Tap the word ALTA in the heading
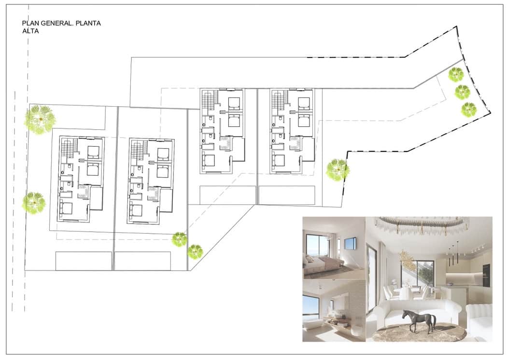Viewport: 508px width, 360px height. click(30, 31)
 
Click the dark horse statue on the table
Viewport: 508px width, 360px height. click(419, 320)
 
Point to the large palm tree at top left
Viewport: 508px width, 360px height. click(40, 119)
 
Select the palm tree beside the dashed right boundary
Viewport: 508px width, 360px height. click(337, 170)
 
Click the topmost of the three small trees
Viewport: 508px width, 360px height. click(455, 74)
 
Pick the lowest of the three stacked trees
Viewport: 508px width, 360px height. click(468, 110)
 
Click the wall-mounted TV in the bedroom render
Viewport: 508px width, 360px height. click(351, 244)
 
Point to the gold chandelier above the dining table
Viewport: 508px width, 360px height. click(408, 261)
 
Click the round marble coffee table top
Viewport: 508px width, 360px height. click(419, 333)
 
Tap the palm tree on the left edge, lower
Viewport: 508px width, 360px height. click(34, 203)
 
